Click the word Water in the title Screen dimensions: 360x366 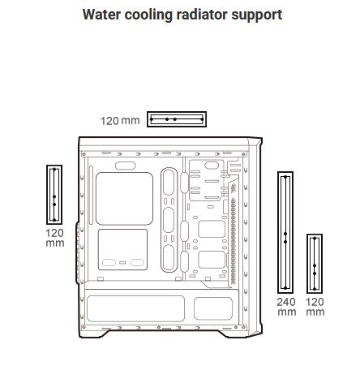101,15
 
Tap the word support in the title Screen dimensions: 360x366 257,15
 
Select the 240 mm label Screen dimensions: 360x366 286,307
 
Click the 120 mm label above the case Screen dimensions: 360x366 120,121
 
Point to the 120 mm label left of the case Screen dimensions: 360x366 55,238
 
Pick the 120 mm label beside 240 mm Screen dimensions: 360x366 315,307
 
